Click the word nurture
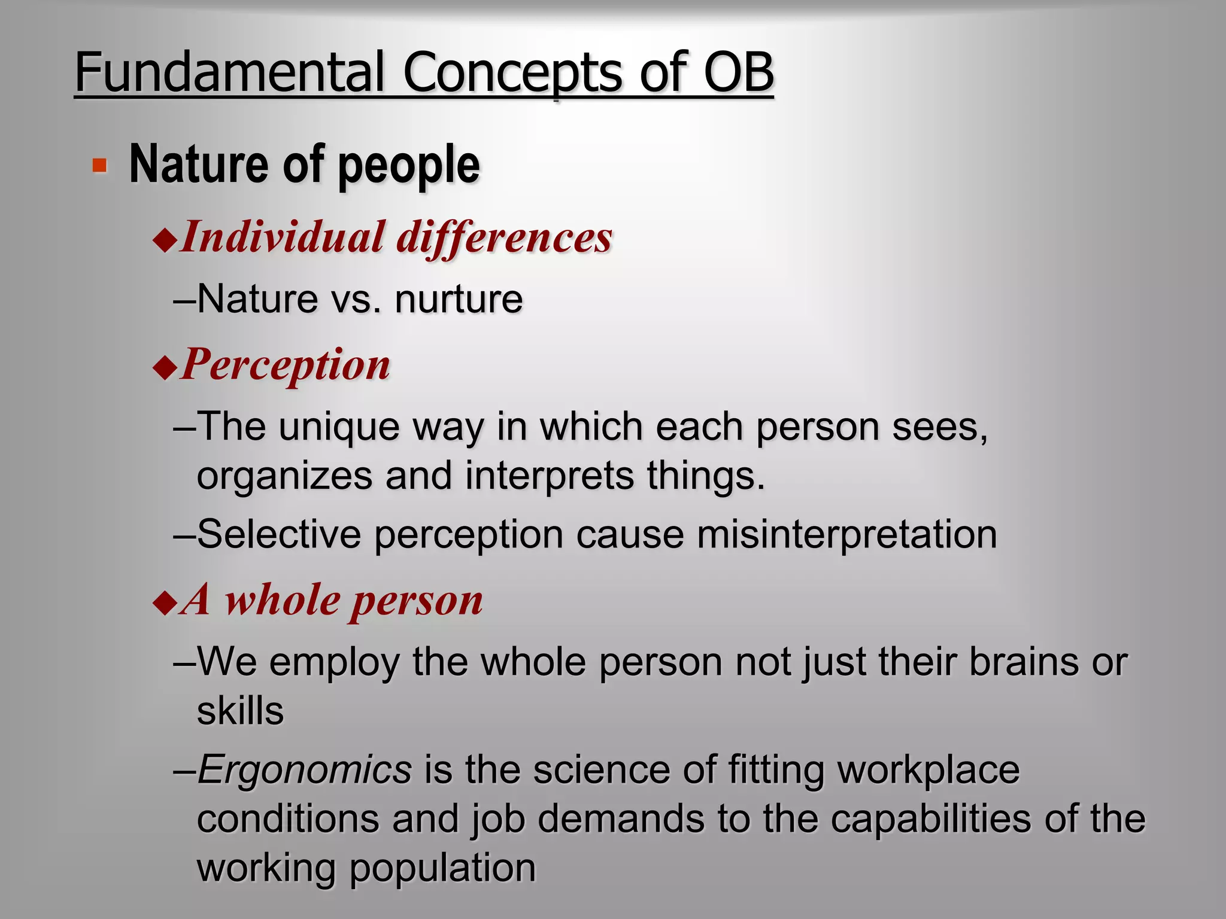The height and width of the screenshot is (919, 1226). pos(459,299)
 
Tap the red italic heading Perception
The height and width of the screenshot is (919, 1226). pos(286,365)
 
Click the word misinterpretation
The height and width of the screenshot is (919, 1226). pos(846,534)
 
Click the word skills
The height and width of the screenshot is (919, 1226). pos(240,711)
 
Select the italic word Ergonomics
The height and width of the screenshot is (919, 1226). pos(304,769)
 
